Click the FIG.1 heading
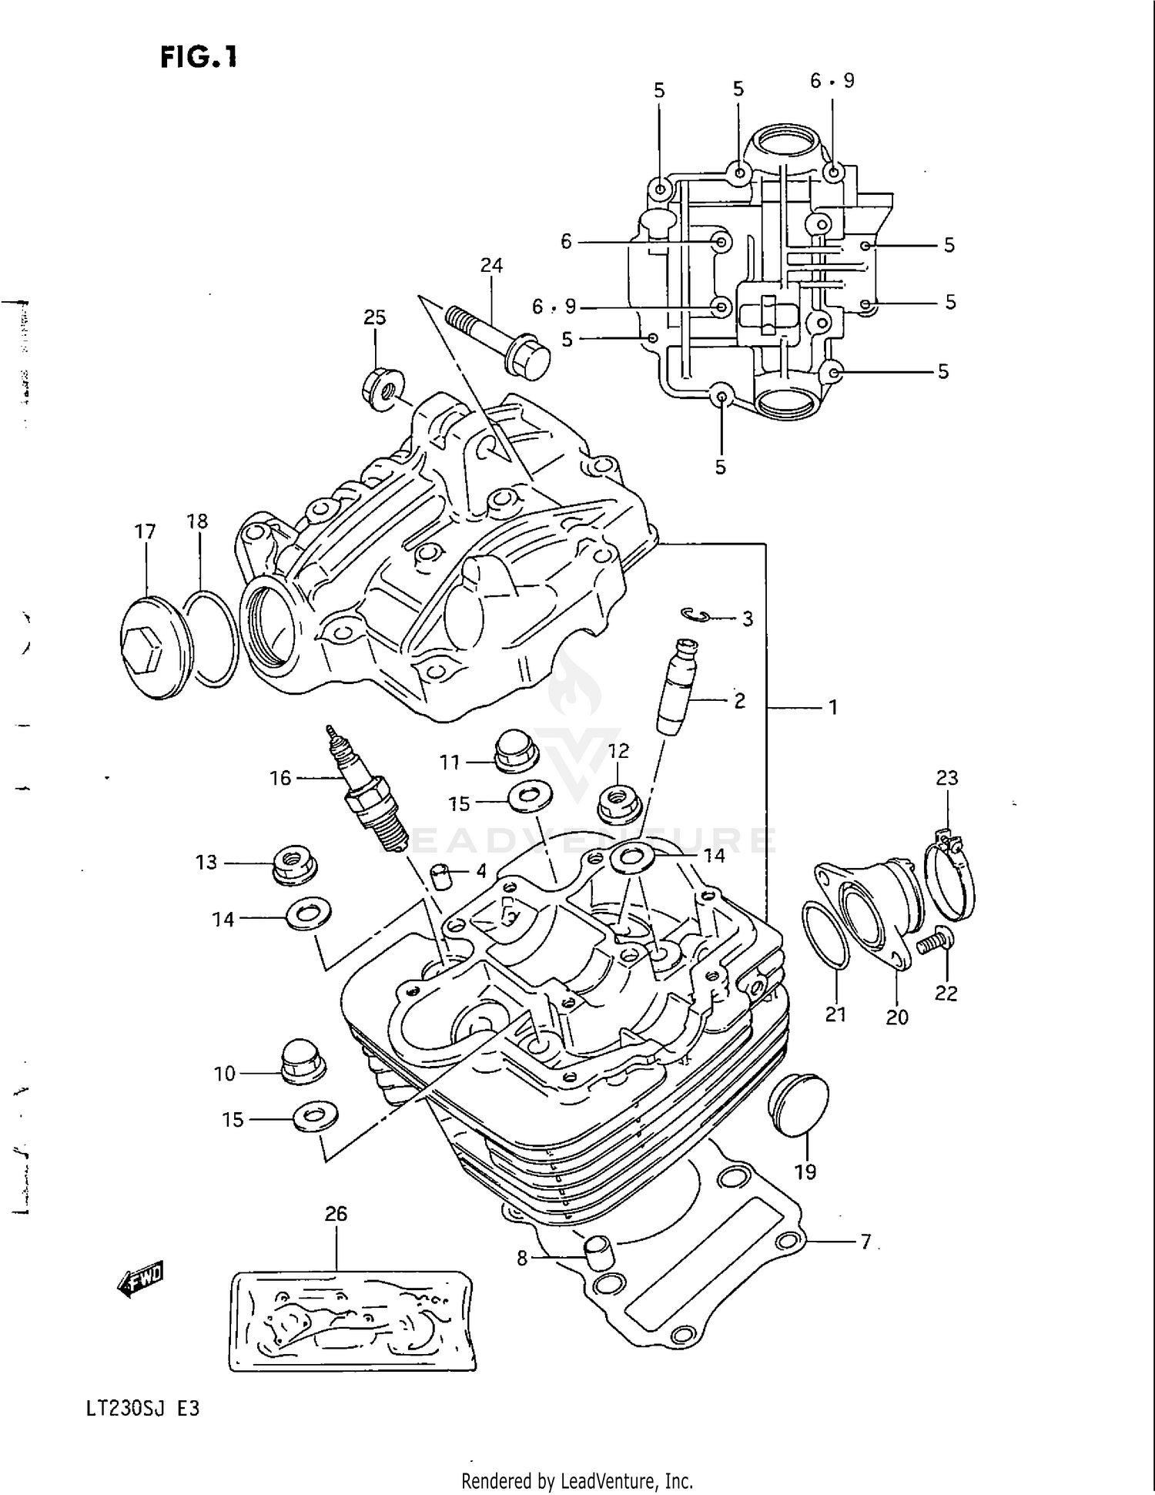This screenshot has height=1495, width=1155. (x=199, y=57)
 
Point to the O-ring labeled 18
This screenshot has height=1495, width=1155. (x=212, y=639)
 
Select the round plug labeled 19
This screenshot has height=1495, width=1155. (x=799, y=1104)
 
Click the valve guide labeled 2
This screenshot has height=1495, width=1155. (x=676, y=687)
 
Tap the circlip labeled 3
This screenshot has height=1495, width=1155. (x=695, y=614)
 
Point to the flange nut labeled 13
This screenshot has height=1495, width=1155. (x=295, y=864)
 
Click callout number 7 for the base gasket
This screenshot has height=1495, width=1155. (x=865, y=1242)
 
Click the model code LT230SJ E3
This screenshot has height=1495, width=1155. (x=143, y=1409)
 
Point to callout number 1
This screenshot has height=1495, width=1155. (x=832, y=707)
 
